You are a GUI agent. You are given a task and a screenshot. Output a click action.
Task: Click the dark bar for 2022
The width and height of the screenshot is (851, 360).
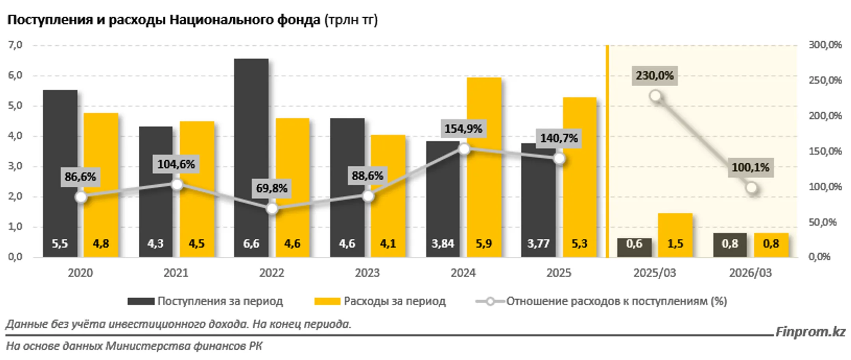[x=251, y=158]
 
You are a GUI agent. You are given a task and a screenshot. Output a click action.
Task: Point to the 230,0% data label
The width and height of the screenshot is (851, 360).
[x=654, y=75]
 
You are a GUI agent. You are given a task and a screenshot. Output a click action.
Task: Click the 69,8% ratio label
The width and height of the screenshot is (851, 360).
[x=271, y=188]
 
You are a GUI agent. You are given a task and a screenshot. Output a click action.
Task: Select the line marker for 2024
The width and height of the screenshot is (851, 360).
[x=465, y=149]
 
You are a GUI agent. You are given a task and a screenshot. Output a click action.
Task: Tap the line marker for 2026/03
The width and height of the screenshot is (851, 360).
[x=751, y=188]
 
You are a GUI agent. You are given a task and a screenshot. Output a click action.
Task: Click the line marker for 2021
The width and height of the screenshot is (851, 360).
[x=177, y=184]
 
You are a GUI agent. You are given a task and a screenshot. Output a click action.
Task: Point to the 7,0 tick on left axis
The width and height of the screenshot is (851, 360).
[x=15, y=45]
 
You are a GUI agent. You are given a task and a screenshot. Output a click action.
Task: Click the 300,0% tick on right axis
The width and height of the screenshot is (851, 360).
[x=825, y=45]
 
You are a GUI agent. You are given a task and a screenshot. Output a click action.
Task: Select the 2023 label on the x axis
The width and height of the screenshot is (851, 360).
[x=367, y=273]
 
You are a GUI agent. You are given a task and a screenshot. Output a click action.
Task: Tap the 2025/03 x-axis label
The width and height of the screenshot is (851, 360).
[x=654, y=273]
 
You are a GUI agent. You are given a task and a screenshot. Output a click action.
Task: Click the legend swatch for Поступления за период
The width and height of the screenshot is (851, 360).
[x=141, y=301]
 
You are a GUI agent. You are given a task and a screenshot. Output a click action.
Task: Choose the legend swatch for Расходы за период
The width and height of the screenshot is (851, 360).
[x=327, y=301]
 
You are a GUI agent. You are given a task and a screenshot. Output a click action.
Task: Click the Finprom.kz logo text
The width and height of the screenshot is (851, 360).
[x=810, y=332]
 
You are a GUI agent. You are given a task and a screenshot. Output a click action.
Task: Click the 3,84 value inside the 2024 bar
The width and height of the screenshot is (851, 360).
[x=442, y=244]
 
